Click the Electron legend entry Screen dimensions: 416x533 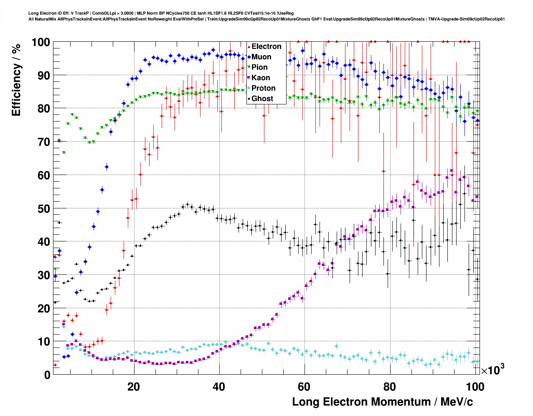[x=266, y=46]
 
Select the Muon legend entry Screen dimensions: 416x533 [x=261, y=57]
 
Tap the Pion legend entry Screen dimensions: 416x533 [x=259, y=67]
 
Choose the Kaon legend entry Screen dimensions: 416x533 [x=261, y=78]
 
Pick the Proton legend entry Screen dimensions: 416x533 [x=263, y=88]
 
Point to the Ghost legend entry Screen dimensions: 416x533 [x=262, y=99]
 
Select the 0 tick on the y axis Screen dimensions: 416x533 [x=47, y=375]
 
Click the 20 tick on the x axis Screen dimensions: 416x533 [x=134, y=387]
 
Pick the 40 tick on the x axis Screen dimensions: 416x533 [x=219, y=387]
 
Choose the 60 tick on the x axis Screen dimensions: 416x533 [x=304, y=387]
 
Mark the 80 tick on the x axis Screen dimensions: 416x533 [x=389, y=387]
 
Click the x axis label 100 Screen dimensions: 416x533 [x=475, y=387]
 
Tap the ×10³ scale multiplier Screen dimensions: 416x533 [x=493, y=370]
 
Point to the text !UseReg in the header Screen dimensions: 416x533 [x=285, y=13]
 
